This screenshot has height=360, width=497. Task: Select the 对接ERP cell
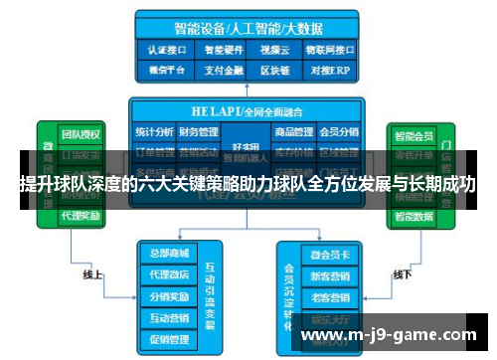[x=329, y=71]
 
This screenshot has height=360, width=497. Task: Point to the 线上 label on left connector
[x=93, y=274]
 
